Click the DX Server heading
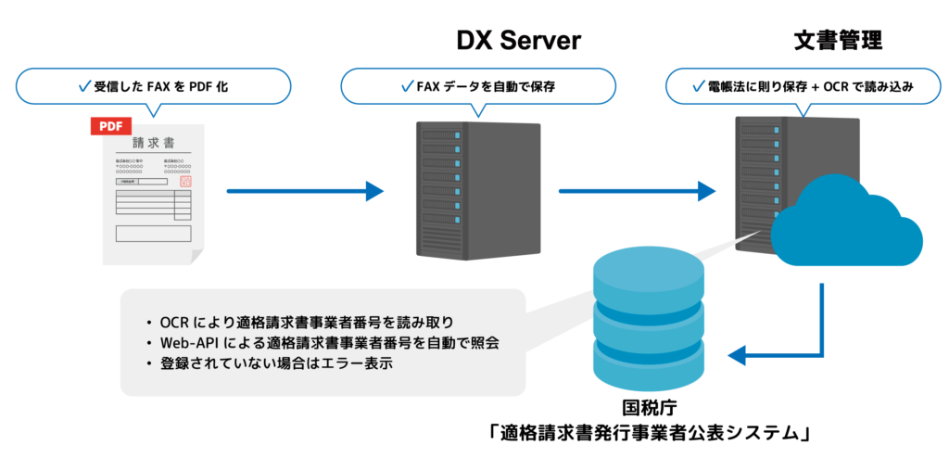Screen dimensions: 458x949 [518, 41]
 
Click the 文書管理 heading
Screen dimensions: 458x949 [838, 41]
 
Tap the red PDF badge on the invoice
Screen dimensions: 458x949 [110, 126]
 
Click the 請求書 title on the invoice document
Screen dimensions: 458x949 [154, 144]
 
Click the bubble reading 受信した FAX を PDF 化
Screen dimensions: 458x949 [153, 87]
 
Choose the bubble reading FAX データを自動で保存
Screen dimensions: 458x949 [478, 87]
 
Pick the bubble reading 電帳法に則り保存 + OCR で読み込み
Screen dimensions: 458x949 [803, 87]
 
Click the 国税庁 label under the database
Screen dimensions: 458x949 [647, 408]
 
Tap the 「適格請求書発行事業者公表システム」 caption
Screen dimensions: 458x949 [647, 433]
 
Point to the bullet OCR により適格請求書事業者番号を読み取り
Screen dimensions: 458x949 [307, 323]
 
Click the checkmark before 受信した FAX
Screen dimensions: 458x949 [83, 87]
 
